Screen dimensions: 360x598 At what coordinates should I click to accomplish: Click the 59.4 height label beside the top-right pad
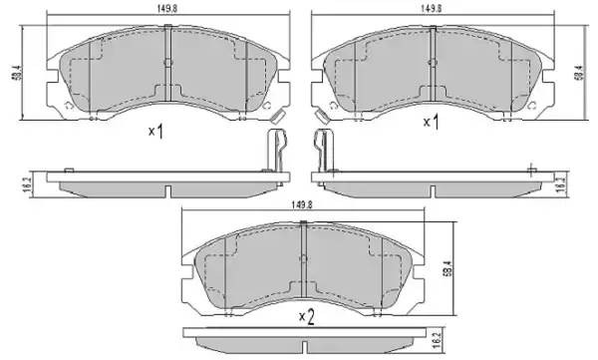[577, 73]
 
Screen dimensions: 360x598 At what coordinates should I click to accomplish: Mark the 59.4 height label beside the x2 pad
[447, 267]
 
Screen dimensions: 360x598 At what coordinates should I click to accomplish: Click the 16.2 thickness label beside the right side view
[561, 183]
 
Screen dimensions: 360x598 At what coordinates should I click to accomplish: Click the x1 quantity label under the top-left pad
[154, 131]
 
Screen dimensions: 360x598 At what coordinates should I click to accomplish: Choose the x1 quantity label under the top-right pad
[432, 122]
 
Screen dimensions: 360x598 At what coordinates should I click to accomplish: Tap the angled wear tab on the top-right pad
[321, 118]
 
